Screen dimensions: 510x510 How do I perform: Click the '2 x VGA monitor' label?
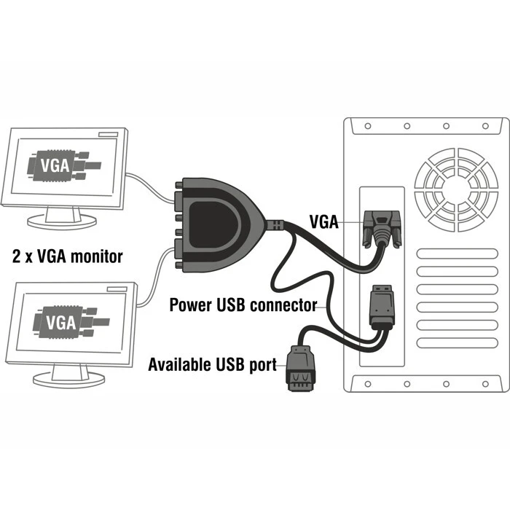pos(67,256)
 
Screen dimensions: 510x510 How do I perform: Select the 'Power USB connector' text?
pos(243,305)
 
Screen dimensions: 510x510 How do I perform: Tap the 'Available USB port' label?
pos(213,364)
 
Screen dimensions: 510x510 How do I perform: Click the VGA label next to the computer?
pos(325,221)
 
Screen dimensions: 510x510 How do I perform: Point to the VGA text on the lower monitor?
pos(60,321)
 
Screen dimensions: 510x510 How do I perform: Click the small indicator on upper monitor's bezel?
pos(108,134)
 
